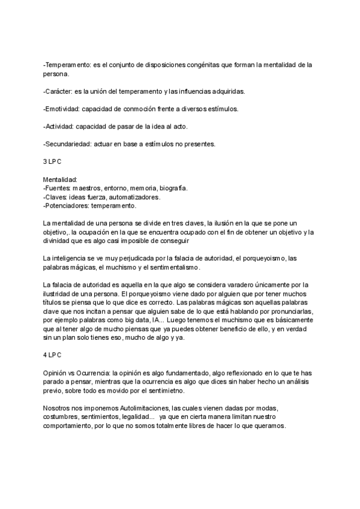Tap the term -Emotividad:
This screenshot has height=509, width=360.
(62, 109)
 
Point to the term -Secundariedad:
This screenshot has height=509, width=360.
(67, 144)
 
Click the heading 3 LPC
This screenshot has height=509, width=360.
(52, 162)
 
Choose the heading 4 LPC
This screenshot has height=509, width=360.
(52, 355)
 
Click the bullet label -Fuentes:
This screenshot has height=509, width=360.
(57, 188)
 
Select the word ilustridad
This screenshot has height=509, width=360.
(60, 294)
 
